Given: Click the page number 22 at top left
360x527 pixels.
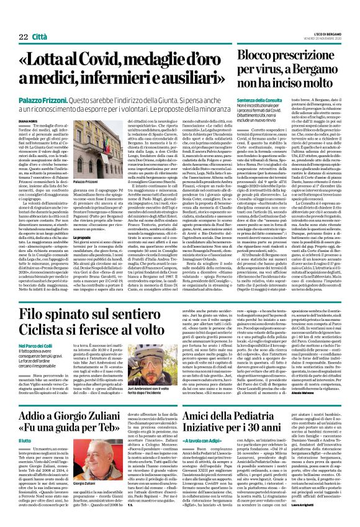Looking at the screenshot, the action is (16, 20).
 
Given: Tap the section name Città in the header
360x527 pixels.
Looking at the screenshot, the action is (39, 20).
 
